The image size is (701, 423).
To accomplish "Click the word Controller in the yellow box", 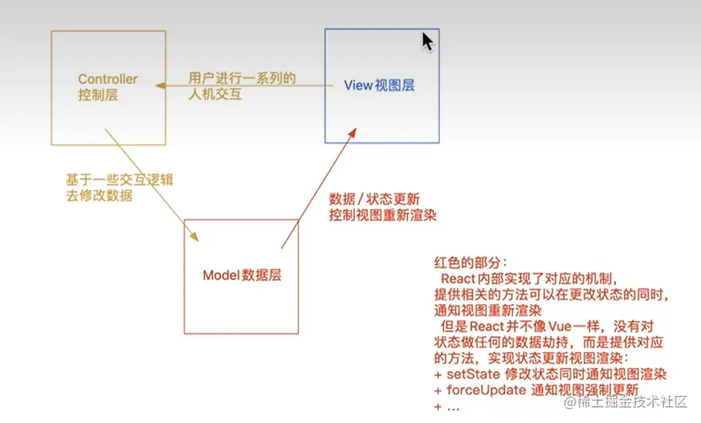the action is tap(107, 80).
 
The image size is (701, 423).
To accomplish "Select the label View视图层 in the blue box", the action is tap(379, 85).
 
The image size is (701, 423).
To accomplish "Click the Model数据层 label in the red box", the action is tap(242, 276).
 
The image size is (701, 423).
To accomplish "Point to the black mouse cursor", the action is tap(427, 41).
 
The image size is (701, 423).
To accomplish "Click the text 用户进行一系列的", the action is tap(242, 79).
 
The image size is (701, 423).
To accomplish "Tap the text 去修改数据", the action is tap(100, 195).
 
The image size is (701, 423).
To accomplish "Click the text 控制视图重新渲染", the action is tap(382, 215).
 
